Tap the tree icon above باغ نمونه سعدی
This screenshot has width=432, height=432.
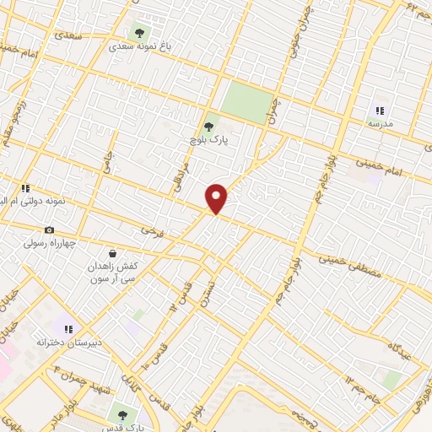[138, 33]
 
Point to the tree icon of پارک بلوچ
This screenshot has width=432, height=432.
[208, 127]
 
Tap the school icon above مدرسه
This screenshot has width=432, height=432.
[380, 110]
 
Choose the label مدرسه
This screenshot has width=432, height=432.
[380, 123]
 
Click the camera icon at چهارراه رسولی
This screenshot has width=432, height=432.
[49, 229]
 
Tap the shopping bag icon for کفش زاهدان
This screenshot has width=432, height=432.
[112, 252]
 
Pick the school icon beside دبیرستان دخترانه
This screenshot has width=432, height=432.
[68, 328]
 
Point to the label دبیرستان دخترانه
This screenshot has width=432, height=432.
[68, 342]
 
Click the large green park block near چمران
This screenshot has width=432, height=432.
[250, 101]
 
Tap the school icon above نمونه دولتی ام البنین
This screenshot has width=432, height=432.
[25, 188]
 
